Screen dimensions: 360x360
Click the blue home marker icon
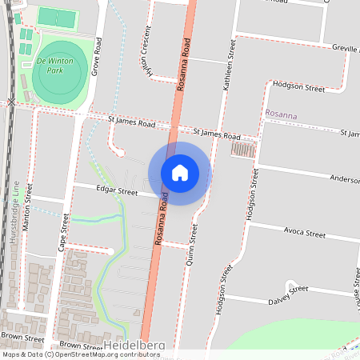click(x=180, y=172)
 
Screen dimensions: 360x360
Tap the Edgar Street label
click(x=117, y=190)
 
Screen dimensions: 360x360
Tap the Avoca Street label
click(x=305, y=234)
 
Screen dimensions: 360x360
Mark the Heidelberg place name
click(x=134, y=345)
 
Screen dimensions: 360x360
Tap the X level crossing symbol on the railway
click(x=10, y=102)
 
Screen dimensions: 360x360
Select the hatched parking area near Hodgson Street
click(x=243, y=150)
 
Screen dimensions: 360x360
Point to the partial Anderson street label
click(x=346, y=180)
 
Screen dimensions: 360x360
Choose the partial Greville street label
click(x=345, y=48)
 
